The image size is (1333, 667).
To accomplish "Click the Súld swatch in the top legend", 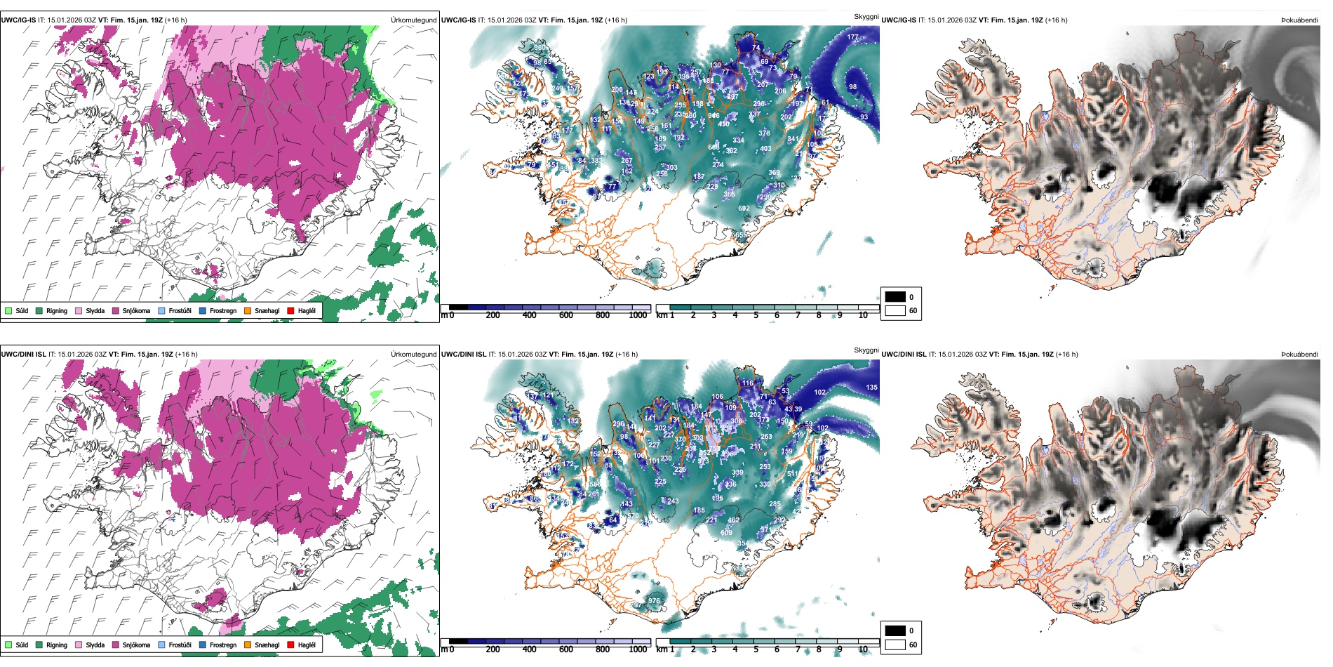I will tap(8, 310).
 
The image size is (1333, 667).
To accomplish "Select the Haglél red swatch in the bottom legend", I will tap(290, 645).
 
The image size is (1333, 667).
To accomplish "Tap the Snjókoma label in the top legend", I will tap(136, 310).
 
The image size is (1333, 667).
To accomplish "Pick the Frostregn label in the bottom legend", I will tap(222, 645).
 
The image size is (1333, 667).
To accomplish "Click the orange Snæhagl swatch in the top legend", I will tap(248, 310).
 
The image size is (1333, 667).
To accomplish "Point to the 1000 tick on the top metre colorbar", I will tap(638, 315).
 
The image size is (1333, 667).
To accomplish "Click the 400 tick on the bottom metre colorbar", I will tap(530, 649).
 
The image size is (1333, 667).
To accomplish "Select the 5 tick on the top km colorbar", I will tap(756, 315).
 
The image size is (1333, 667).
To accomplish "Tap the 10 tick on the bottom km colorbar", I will tap(863, 649).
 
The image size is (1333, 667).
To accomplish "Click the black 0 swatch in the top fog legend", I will tap(895, 297).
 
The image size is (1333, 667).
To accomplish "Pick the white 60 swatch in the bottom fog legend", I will tap(895, 645).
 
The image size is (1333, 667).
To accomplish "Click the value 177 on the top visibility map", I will tap(852, 37).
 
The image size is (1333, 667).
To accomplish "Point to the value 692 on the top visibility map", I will tap(744, 209).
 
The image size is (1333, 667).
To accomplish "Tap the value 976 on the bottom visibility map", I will tap(654, 601).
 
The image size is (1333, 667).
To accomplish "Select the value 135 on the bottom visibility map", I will tap(871, 388).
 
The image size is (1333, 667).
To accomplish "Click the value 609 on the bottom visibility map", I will tap(726, 533).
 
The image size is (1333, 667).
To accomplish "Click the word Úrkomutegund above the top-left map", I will tap(413, 20).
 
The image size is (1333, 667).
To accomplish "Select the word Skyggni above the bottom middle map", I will tap(866, 350).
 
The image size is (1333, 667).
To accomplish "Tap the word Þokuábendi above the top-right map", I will tap(1299, 20).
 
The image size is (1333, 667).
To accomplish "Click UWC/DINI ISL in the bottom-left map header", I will tap(23, 355).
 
